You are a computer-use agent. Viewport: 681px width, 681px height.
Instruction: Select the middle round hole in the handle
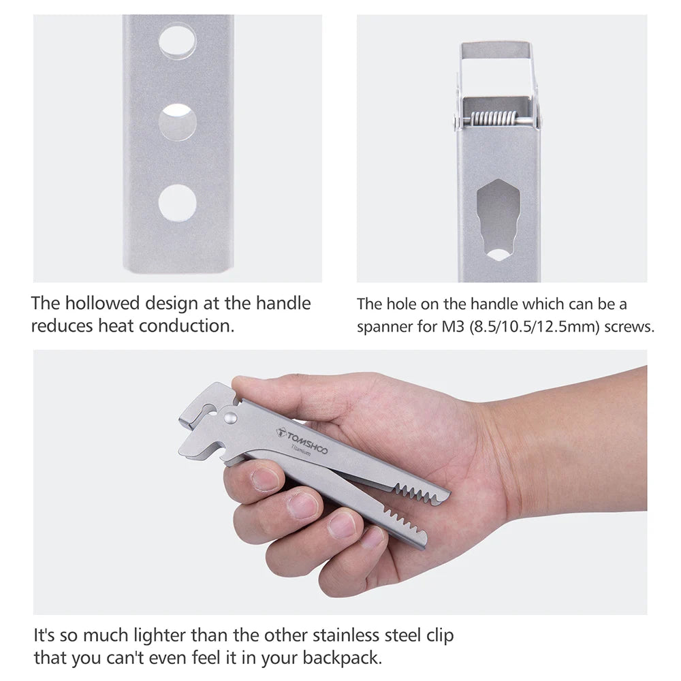[177, 122]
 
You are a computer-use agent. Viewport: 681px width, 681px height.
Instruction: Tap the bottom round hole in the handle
[177, 203]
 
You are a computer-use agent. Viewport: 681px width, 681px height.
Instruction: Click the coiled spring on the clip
[494, 118]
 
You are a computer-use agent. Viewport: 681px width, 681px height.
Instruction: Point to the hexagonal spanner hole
[498, 220]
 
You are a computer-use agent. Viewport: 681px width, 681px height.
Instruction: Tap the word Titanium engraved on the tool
[301, 450]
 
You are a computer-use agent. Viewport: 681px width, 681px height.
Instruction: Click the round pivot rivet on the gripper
[229, 419]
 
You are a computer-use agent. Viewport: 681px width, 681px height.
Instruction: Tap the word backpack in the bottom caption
[343, 658]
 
